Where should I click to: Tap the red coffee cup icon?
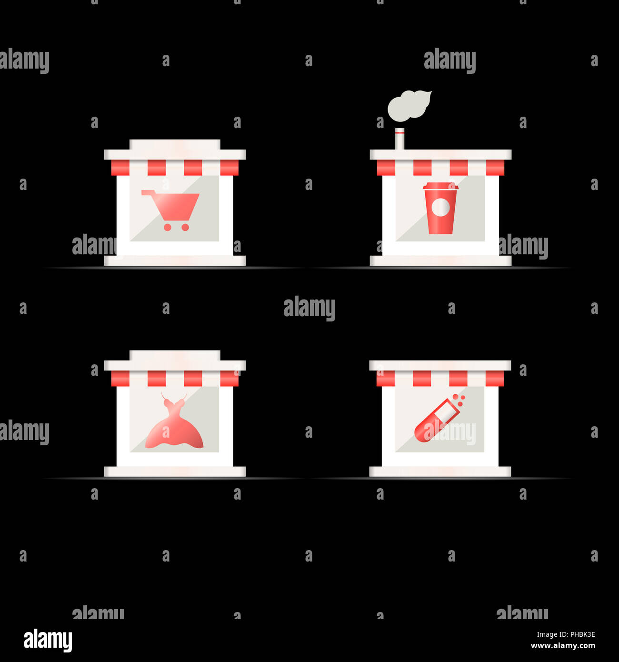pos(440,208)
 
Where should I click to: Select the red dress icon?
pos(174,421)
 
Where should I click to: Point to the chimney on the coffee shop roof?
pos(399,139)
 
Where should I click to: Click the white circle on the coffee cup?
pos(440,207)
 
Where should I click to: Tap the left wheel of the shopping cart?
pos(168,227)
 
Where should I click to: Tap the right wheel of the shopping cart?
pos(185,227)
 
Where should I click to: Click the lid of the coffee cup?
pos(440,186)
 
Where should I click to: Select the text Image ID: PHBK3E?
pos(566,634)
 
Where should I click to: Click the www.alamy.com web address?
pos(563,646)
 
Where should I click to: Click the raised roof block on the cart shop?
pos(175,145)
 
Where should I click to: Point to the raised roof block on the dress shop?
pos(175,355)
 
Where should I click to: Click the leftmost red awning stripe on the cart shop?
pos(120,167)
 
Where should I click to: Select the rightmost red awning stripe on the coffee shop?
pos(495,167)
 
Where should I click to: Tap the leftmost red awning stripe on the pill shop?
pos(386,378)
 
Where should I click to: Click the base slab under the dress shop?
pos(175,471)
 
